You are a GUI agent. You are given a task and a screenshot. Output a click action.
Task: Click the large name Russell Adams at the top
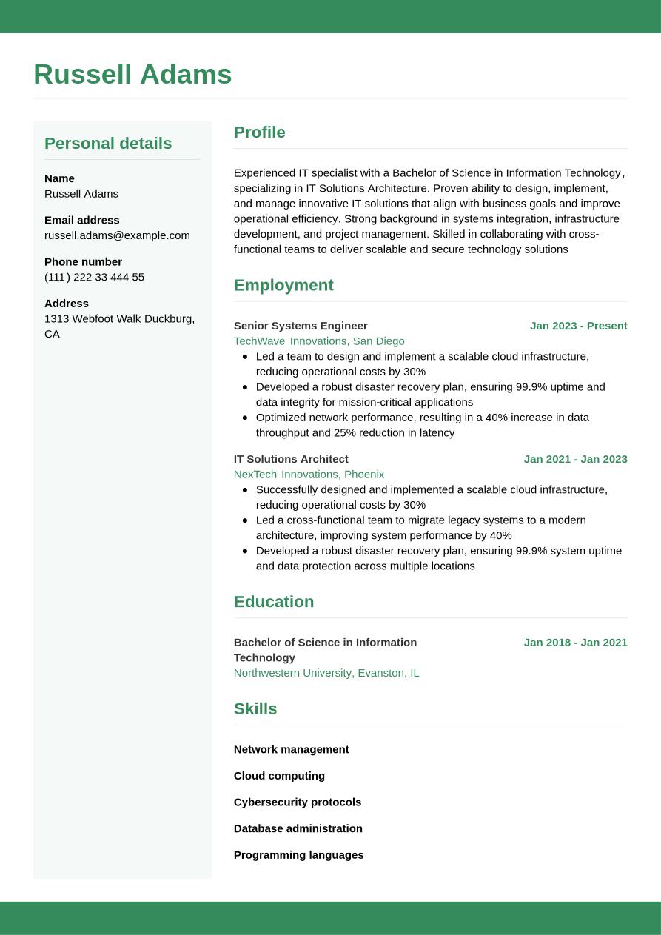click(132, 75)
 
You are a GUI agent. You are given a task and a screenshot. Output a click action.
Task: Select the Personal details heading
click(108, 144)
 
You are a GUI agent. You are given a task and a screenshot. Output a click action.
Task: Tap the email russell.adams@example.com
click(117, 235)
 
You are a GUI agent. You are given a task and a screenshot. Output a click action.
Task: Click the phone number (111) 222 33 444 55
click(94, 277)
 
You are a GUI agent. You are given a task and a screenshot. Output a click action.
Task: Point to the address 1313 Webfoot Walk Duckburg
click(119, 319)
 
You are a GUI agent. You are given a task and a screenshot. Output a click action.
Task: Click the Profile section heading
click(259, 133)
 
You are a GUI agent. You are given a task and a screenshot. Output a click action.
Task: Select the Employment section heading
click(283, 285)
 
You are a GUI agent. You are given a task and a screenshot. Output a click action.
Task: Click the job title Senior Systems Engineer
click(301, 326)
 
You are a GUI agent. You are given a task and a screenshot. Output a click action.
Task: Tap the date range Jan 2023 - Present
click(578, 326)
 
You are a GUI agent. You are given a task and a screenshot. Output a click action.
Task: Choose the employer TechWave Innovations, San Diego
click(319, 341)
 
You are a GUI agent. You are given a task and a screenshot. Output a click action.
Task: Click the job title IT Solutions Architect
click(291, 459)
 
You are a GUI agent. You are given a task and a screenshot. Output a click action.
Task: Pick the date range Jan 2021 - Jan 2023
click(575, 459)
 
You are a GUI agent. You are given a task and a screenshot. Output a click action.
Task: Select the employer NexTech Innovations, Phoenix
click(309, 475)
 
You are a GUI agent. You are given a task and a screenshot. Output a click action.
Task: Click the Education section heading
click(274, 602)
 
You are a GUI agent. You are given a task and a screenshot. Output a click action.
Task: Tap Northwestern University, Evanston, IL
click(326, 673)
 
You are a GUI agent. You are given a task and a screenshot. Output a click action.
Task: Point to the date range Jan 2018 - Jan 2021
click(575, 643)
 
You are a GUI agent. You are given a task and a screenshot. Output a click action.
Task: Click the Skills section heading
click(255, 709)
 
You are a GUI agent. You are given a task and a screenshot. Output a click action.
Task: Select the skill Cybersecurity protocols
click(298, 802)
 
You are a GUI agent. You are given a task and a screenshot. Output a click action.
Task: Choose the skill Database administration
click(298, 828)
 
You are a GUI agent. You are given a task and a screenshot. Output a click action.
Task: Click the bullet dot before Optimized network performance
click(245, 418)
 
